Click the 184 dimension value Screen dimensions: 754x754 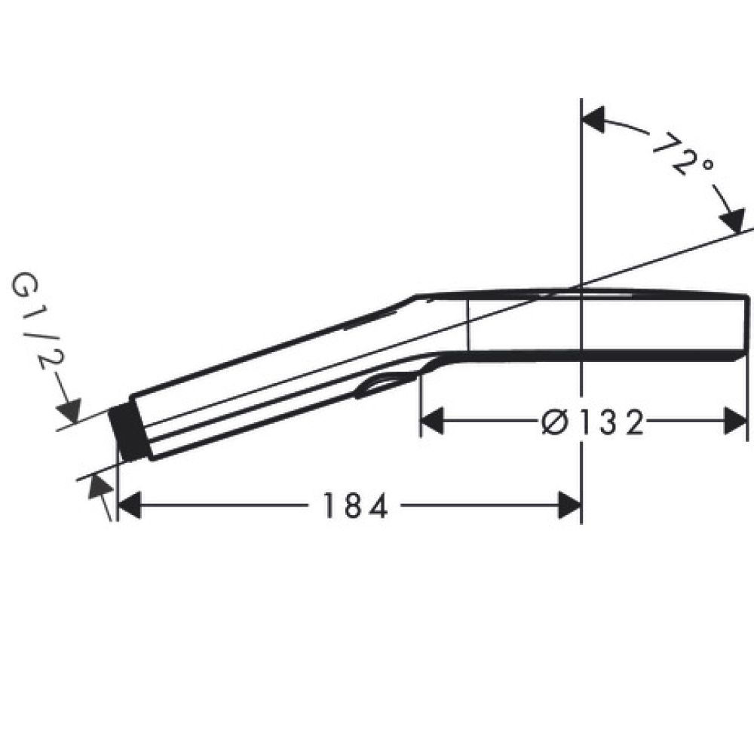tap(354, 506)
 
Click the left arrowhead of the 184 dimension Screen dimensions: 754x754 tap(130, 505)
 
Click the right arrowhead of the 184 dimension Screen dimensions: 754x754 tap(569, 505)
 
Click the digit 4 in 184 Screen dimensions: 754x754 tap(378, 506)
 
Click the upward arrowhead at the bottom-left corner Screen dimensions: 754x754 tap(97, 486)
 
